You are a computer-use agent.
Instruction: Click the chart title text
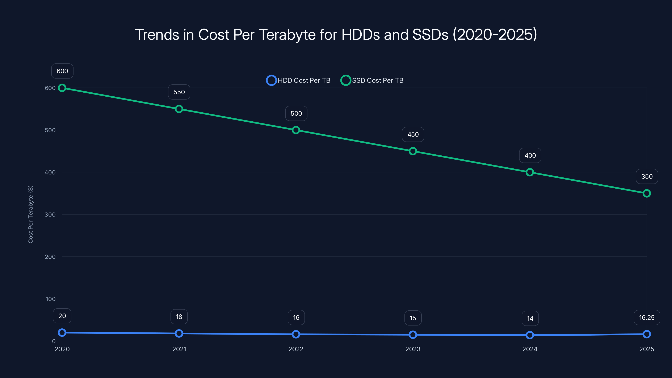[x=336, y=34]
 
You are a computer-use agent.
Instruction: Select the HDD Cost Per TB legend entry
[x=298, y=80]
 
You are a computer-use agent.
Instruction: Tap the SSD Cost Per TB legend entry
[x=372, y=80]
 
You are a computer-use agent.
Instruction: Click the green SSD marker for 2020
[x=62, y=88]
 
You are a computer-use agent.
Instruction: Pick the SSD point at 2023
[x=413, y=151]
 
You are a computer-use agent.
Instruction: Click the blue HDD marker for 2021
[x=179, y=333]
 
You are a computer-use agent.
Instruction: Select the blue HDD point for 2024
[x=530, y=335]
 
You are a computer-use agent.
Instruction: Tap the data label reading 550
[x=179, y=92]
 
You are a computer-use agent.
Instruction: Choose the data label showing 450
[x=413, y=134]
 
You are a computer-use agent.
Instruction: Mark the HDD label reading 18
[x=179, y=317]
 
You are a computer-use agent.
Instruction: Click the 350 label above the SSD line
[x=647, y=177]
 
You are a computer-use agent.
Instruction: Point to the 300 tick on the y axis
[x=50, y=214]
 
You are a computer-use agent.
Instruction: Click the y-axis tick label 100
[x=51, y=299]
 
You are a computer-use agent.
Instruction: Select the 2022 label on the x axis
[x=296, y=349]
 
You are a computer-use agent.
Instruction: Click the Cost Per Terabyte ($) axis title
[x=30, y=214]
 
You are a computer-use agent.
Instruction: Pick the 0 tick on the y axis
[x=54, y=341]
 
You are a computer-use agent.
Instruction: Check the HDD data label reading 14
[x=530, y=318]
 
